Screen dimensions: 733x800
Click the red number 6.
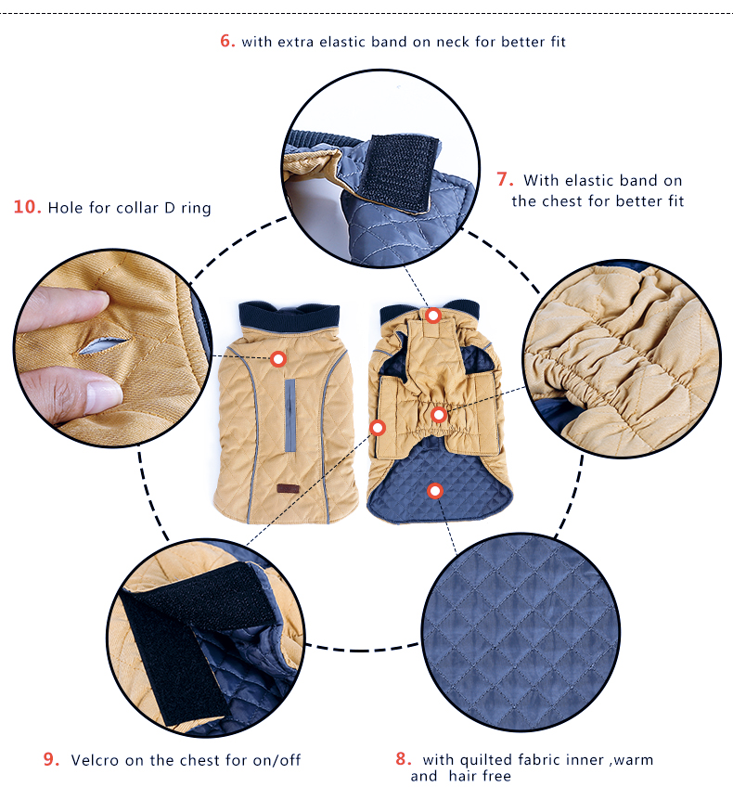(227, 41)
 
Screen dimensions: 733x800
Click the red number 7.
(505, 179)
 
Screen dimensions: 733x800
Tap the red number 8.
(403, 758)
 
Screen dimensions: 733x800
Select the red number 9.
(51, 759)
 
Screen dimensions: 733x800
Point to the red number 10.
(27, 207)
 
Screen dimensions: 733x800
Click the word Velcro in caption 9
(95, 760)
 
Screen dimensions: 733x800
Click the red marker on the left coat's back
(278, 359)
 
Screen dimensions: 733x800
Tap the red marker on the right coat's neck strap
(433, 316)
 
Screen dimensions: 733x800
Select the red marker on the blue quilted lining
(434, 491)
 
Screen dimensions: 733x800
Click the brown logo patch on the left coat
(288, 488)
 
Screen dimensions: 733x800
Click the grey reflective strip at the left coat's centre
(289, 415)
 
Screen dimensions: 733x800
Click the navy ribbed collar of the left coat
(289, 316)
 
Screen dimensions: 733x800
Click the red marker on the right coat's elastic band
(439, 415)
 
